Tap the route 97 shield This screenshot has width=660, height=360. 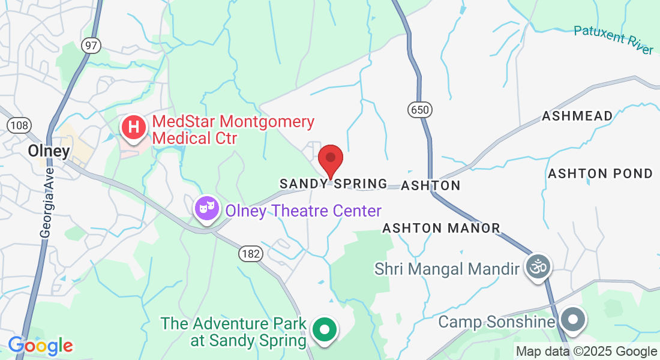(92, 46)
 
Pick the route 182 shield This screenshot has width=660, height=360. (250, 254)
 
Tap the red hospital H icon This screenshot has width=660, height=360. (134, 128)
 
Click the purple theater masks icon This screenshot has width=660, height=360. (207, 208)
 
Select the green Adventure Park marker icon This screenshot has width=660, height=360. (325, 329)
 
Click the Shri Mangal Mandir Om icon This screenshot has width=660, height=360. (538, 266)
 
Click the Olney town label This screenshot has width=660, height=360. (49, 151)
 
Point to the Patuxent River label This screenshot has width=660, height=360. (613, 39)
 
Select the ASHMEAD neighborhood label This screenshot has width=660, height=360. (577, 116)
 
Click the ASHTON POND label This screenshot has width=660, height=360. (600, 174)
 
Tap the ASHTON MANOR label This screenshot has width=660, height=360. (441, 228)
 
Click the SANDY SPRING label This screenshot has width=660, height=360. (334, 184)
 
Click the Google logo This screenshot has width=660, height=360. (41, 346)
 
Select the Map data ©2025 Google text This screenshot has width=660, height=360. (586, 352)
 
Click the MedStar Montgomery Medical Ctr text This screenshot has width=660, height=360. (233, 130)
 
